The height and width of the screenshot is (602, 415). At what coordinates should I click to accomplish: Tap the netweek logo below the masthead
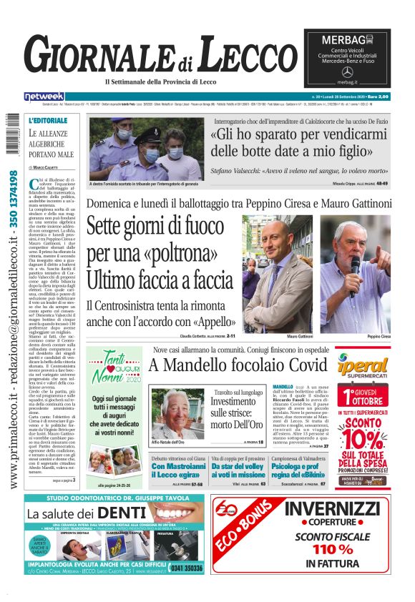click(x=44, y=97)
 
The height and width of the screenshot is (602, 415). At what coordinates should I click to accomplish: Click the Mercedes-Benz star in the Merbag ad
click(x=348, y=72)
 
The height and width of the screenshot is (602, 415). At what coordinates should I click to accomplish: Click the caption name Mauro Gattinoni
click(x=301, y=335)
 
